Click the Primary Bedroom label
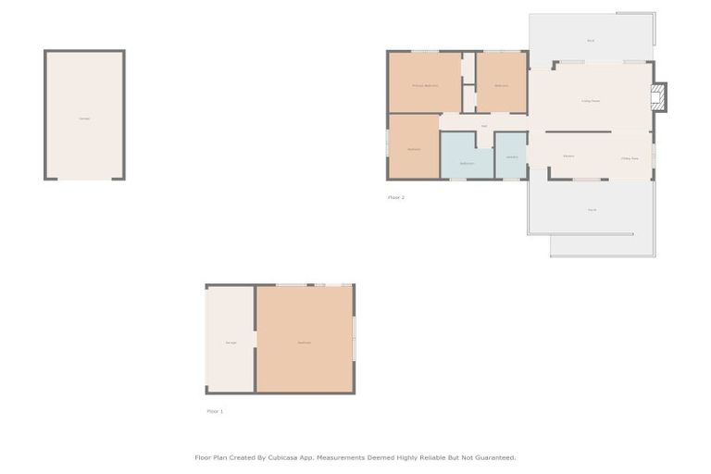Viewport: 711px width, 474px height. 424,85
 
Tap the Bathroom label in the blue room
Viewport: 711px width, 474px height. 467,163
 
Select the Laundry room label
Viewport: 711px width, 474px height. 512,157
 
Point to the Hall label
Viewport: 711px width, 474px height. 484,126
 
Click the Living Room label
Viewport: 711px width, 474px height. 590,101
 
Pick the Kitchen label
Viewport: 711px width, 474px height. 568,156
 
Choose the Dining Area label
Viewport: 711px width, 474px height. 630,158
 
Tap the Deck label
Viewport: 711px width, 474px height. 591,41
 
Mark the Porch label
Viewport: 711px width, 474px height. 592,210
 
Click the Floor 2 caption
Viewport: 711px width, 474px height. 396,197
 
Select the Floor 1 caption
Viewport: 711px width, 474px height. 215,411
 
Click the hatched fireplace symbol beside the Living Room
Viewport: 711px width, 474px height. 658,96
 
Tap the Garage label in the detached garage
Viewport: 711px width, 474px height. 84,118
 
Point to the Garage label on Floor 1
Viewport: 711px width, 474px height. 231,343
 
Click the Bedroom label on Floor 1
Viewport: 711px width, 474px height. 304,343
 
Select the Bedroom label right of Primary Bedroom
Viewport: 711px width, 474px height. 501,85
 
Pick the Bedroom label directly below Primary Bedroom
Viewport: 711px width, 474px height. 414,149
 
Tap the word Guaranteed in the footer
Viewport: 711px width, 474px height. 495,457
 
